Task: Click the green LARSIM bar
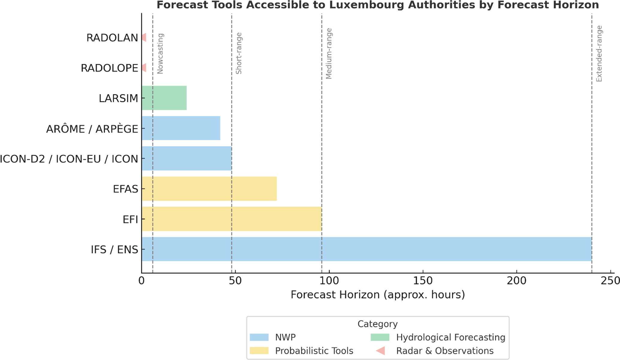(x=164, y=98)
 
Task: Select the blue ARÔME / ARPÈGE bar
(x=181, y=128)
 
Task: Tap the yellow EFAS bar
(x=209, y=189)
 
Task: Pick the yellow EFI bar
(x=232, y=219)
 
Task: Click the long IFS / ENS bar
(x=367, y=249)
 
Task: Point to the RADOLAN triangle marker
(x=144, y=37)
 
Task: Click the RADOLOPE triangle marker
(x=144, y=68)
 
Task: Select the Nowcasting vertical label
(x=160, y=54)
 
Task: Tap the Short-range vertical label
(x=239, y=53)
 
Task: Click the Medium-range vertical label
(x=329, y=54)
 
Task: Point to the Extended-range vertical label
(x=599, y=54)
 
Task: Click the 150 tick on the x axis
(x=423, y=281)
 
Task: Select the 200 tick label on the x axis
(x=517, y=281)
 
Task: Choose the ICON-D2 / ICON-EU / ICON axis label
(x=69, y=159)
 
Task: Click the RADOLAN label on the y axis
(x=112, y=38)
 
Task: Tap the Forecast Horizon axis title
(x=378, y=295)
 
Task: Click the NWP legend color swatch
(x=259, y=338)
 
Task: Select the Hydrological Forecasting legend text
(x=451, y=338)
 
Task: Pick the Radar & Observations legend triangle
(x=381, y=351)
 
